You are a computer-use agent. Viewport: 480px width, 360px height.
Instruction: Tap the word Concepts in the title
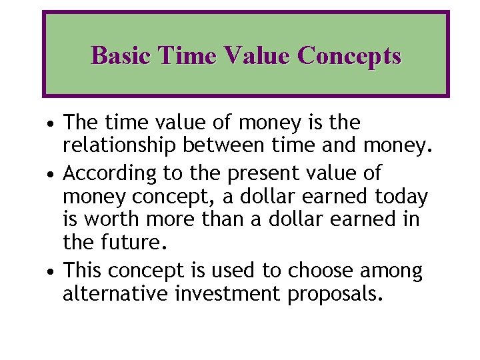(349, 55)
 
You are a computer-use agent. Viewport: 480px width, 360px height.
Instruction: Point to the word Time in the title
(189, 55)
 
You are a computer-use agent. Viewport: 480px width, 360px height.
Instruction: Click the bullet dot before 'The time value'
(51, 124)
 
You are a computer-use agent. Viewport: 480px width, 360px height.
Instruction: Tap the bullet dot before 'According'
(51, 174)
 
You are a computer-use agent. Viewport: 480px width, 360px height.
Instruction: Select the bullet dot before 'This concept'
(51, 271)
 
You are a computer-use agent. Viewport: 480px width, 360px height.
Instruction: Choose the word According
(109, 173)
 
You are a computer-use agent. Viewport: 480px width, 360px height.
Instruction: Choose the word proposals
(335, 294)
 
